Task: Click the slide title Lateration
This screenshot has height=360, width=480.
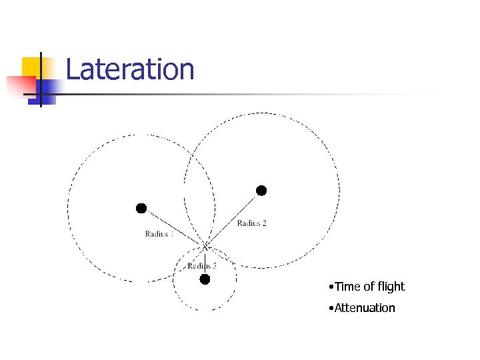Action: tap(130, 69)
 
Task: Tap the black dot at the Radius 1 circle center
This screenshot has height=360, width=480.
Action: tap(141, 209)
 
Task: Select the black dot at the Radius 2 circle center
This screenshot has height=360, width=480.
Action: tap(261, 191)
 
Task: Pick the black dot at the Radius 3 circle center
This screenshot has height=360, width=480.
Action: tap(205, 279)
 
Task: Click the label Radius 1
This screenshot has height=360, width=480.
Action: tap(159, 233)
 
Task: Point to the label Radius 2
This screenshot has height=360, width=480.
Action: tap(251, 223)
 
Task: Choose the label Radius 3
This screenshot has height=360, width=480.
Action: tap(201, 266)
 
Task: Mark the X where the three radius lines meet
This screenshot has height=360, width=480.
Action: tap(206, 247)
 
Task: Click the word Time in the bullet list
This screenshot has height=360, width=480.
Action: tap(347, 287)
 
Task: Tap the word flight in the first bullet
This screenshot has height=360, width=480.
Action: tap(389, 287)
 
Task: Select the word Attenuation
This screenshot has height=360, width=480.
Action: tap(365, 308)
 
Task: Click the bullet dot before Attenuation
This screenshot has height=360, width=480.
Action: tap(331, 309)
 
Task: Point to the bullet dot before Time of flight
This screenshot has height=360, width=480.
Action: tap(331, 287)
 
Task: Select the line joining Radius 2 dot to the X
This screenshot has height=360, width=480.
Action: tap(233, 219)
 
